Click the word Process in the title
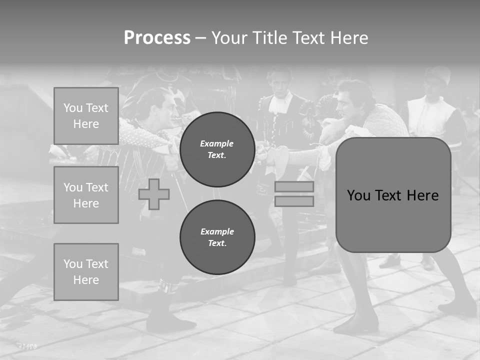click(157, 38)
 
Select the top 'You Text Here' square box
click(86, 116)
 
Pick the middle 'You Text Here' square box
click(86, 195)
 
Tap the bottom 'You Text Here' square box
click(86, 271)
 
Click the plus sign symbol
click(154, 194)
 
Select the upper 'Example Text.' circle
click(217, 149)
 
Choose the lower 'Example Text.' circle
click(217, 237)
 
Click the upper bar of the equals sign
click(294, 187)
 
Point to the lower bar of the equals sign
click(294, 201)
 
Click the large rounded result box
click(393, 195)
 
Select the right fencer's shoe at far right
click(457, 306)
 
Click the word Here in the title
click(349, 38)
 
